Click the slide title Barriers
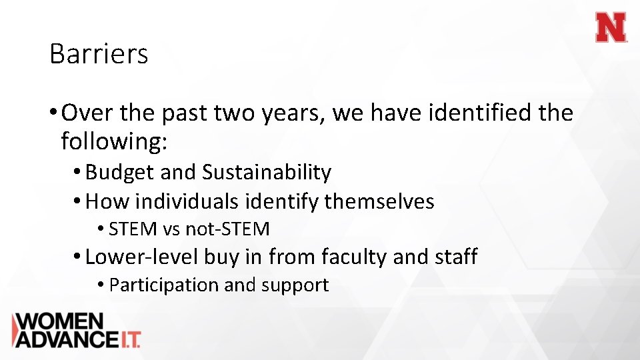click(x=99, y=54)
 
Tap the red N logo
click(x=611, y=29)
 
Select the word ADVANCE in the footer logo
click(x=65, y=339)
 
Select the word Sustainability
click(x=267, y=173)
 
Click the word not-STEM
click(x=227, y=229)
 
